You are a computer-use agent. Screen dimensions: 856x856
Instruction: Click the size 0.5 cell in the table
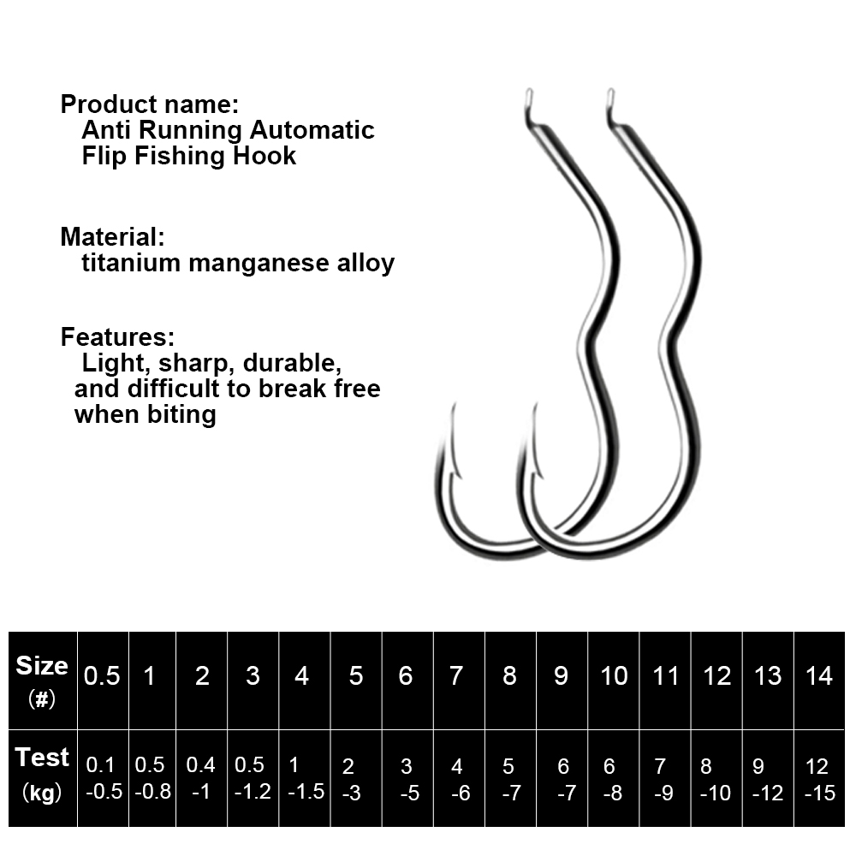pos(102,676)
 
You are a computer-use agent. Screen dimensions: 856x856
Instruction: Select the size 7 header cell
pos(456,676)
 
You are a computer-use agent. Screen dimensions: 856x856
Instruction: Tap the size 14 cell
pos(819,676)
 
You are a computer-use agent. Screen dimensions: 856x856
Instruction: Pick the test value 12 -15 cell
pos(819,779)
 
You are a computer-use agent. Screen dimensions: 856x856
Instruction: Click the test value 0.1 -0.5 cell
pos(102,779)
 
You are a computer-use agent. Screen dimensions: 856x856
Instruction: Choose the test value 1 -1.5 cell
pos(303,779)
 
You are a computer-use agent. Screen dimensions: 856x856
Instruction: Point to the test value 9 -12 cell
pos(767,779)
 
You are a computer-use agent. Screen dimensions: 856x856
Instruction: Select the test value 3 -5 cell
pos(407,779)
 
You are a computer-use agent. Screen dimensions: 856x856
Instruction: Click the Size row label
pos(42,666)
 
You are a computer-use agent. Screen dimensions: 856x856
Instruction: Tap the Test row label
pos(42,758)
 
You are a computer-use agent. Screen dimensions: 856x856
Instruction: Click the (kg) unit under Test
pos(42,793)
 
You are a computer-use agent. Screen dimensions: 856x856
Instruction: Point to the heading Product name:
pos(149,105)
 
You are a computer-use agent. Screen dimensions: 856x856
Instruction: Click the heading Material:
pos(112,236)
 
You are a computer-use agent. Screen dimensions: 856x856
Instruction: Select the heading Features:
pos(117,336)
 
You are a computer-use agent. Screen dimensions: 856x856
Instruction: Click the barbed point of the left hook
pos(450,419)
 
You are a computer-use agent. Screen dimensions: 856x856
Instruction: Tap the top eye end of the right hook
pos(609,94)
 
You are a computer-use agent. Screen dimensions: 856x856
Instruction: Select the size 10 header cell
pos(614,676)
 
